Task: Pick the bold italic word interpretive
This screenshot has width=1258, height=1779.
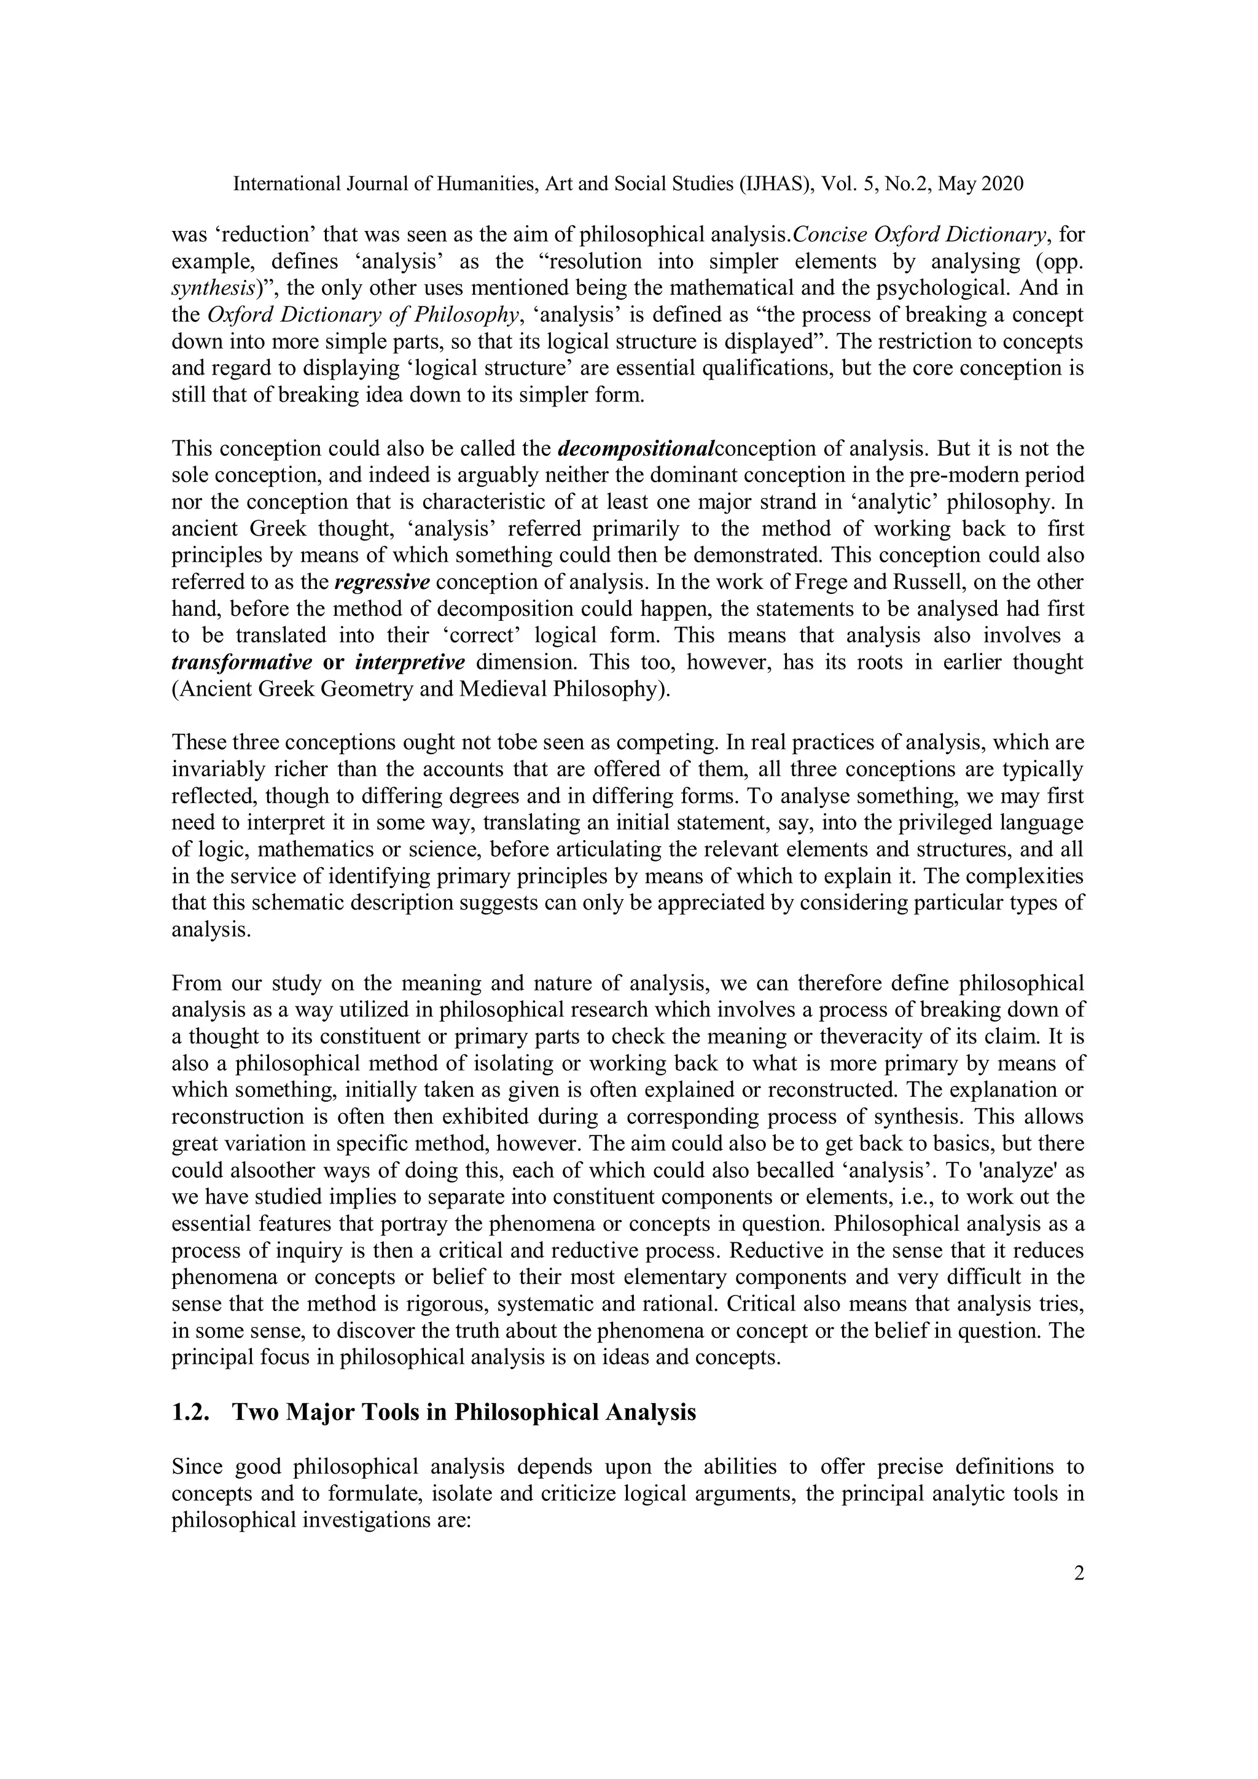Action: (x=410, y=663)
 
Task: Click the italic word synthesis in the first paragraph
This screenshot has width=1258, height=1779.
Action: (x=211, y=288)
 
